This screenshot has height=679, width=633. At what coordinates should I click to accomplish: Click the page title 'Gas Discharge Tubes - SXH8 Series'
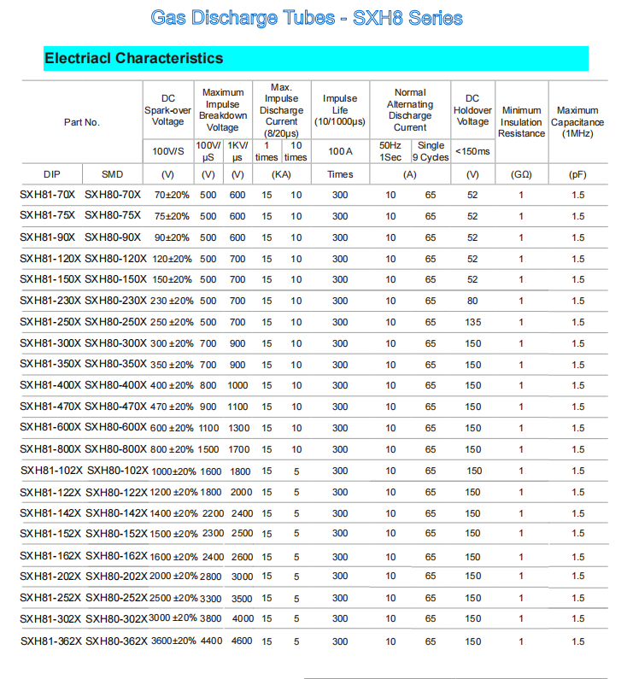[307, 18]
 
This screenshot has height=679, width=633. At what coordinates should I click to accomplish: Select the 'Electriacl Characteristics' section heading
[133, 58]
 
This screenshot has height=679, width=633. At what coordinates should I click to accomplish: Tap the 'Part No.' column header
[82, 122]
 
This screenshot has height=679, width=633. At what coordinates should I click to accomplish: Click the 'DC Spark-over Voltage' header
[167, 110]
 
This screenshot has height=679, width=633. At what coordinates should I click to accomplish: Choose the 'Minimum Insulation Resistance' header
[521, 122]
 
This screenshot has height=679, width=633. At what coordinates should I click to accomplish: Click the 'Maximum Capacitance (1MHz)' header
[577, 122]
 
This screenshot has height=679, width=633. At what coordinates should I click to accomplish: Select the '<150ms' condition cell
[472, 151]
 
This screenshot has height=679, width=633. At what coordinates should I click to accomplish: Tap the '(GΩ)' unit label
[521, 174]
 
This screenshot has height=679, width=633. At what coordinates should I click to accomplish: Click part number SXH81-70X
[48, 195]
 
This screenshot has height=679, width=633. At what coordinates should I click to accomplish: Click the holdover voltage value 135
[472, 322]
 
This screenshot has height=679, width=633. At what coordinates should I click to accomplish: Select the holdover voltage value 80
[472, 301]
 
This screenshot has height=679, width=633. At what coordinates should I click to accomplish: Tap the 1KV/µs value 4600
[242, 641]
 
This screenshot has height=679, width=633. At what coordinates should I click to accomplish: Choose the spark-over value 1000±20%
[173, 471]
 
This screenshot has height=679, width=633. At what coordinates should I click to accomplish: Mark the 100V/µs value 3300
[210, 598]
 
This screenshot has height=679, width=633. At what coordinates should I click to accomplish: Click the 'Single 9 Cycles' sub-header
[431, 151]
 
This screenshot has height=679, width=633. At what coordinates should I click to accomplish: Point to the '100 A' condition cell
[339, 151]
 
